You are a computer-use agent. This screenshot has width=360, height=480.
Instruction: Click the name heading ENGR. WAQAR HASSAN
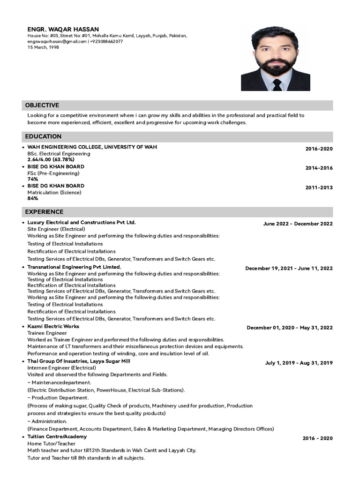point(63,29)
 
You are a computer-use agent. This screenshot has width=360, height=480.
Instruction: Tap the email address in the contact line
point(57,41)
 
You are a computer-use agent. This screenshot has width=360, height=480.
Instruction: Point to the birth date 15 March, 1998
point(43,47)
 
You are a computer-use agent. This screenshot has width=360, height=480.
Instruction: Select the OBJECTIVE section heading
point(42,105)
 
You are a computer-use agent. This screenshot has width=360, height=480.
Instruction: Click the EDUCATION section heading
point(43,136)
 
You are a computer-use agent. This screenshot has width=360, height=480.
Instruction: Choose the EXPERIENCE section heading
point(44,212)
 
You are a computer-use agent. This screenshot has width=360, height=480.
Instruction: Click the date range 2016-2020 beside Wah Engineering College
point(319,149)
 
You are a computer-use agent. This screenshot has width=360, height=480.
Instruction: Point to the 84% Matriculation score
point(33,198)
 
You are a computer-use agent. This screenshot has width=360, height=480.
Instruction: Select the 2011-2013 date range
point(319,187)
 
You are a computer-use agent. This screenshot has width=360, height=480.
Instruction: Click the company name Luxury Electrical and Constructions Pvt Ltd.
point(82,222)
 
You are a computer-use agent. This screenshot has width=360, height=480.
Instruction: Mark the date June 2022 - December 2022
point(298,224)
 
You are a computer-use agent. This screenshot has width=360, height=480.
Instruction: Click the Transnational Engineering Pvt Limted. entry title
point(74,267)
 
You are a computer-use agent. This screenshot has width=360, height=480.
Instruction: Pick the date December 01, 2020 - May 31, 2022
point(289,328)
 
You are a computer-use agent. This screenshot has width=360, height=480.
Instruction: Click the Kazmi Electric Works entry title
point(53,326)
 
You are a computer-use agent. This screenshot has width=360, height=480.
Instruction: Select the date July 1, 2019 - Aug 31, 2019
point(299,363)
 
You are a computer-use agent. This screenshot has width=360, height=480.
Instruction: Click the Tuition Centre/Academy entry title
point(57,436)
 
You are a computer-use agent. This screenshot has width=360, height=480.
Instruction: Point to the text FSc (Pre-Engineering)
point(53,173)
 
